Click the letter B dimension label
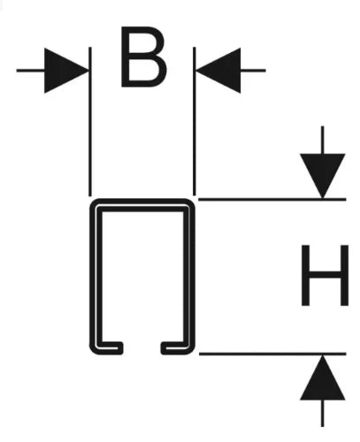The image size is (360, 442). pyautogui.click(x=143, y=57)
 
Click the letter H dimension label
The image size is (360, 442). pyautogui.click(x=325, y=275)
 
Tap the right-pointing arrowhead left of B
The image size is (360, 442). pyautogui.click(x=66, y=71)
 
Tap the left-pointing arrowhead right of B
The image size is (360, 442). pyautogui.click(x=218, y=71)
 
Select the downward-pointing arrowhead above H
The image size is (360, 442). pyautogui.click(x=323, y=176)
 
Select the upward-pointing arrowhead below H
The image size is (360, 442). pyautogui.click(x=323, y=377)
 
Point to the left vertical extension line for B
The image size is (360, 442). pyautogui.click(x=90, y=121)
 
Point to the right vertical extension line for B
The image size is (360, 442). pyautogui.click(x=195, y=121)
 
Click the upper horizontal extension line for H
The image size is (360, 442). pyautogui.click(x=272, y=200)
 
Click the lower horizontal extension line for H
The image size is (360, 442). pyautogui.click(x=272, y=354)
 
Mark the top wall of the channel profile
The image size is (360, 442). pyautogui.click(x=142, y=205)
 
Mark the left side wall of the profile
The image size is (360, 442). pyautogui.click(x=96, y=277)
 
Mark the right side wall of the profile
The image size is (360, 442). pyautogui.click(x=189, y=277)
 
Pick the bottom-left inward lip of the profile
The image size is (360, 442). pyautogui.click(x=109, y=348)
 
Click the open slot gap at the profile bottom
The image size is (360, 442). pyautogui.click(x=142, y=348)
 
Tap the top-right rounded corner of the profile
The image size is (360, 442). pyautogui.click(x=189, y=204)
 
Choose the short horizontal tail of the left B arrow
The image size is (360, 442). pyautogui.click(x=30, y=71)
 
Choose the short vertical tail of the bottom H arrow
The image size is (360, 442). pyautogui.click(x=323, y=413)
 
